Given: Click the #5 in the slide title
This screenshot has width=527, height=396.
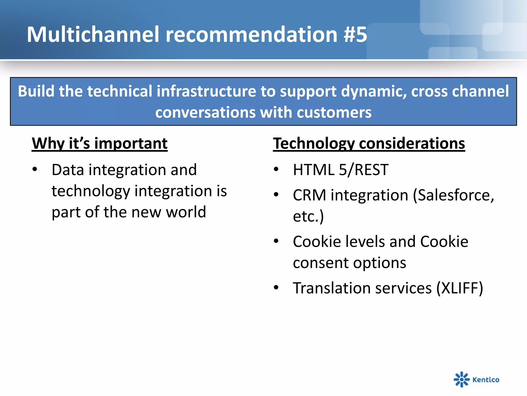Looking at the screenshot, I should pyautogui.click(x=355, y=35).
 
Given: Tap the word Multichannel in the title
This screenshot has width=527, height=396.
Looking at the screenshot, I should pyautogui.click(x=93, y=35).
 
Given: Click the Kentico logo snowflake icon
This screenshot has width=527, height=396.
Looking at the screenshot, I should pyautogui.click(x=461, y=379).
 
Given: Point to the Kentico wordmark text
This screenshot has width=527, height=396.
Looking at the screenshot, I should pyautogui.click(x=486, y=380).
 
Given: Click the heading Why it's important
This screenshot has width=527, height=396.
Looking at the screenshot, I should pyautogui.click(x=100, y=143).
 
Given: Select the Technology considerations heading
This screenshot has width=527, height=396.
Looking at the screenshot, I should pyautogui.click(x=369, y=143).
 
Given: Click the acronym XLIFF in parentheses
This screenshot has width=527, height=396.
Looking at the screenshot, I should pyautogui.click(x=460, y=288).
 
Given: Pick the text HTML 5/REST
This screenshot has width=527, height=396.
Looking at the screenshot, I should pyautogui.click(x=340, y=170).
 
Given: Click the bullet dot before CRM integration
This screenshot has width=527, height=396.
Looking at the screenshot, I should pyautogui.click(x=276, y=195).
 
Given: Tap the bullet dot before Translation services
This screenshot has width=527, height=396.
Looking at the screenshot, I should pyautogui.click(x=276, y=287).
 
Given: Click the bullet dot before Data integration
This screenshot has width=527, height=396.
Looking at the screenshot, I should pyautogui.click(x=35, y=169).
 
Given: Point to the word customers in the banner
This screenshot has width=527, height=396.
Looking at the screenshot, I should pyautogui.click(x=334, y=112).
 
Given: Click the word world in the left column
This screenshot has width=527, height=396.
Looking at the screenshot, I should pyautogui.click(x=186, y=212).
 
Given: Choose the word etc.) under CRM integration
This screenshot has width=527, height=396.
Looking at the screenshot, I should pyautogui.click(x=308, y=216).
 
